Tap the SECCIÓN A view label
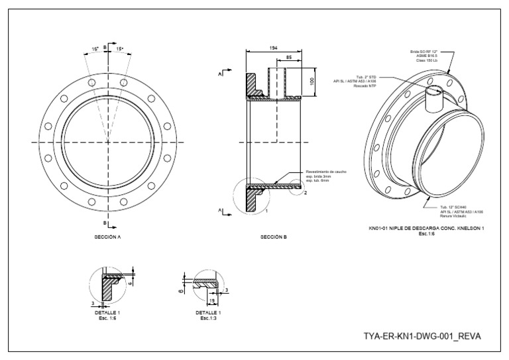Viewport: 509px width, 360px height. (107, 235)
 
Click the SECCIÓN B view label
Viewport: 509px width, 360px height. (273, 235)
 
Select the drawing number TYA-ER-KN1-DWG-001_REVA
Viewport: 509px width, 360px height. (422, 336)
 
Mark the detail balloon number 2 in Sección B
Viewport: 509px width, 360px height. (306, 192)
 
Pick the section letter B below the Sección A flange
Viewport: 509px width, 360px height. (106, 223)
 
